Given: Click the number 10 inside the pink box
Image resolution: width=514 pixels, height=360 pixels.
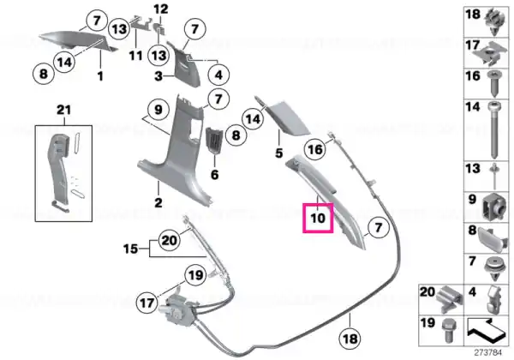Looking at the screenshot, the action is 318,218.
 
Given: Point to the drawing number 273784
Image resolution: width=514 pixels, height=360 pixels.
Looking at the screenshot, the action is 487,353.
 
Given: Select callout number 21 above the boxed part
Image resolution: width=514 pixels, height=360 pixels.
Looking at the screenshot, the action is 63,110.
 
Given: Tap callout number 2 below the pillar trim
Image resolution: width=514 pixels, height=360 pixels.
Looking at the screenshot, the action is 158,202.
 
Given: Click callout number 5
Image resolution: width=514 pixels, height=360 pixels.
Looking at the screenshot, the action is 278,153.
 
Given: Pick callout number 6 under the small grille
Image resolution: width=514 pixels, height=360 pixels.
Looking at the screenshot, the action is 214,174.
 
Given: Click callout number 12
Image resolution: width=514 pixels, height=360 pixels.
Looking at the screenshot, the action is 161,9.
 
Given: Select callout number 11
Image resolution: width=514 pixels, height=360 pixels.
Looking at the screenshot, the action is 135,56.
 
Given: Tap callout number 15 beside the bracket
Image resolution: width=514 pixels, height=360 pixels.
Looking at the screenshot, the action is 130,249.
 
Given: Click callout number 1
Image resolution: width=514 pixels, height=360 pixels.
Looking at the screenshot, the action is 100,76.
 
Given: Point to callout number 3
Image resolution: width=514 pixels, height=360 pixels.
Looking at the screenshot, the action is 158,76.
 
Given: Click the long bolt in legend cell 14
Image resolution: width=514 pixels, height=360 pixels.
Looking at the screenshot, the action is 494,130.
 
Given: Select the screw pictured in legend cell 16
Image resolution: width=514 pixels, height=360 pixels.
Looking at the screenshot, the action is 494,83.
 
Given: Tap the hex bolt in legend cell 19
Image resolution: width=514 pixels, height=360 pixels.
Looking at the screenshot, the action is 447,331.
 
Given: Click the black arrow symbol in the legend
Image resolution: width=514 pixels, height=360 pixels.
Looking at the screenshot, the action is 485,329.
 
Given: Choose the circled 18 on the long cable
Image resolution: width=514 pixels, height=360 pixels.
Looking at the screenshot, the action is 350,338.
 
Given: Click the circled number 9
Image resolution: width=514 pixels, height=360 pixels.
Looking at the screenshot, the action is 158,110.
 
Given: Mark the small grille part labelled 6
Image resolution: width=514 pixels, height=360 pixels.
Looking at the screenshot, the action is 213,141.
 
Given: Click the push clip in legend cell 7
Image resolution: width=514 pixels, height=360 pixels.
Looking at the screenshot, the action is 494,269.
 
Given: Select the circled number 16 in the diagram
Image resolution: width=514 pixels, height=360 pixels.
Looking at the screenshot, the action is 315,149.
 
